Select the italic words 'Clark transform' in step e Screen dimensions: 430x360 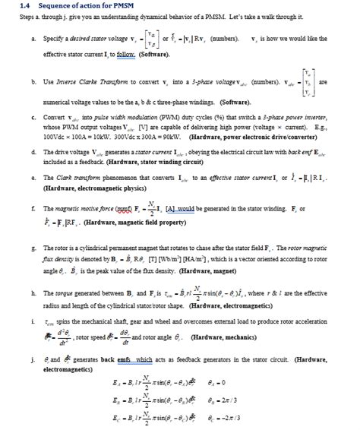point(68,178)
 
